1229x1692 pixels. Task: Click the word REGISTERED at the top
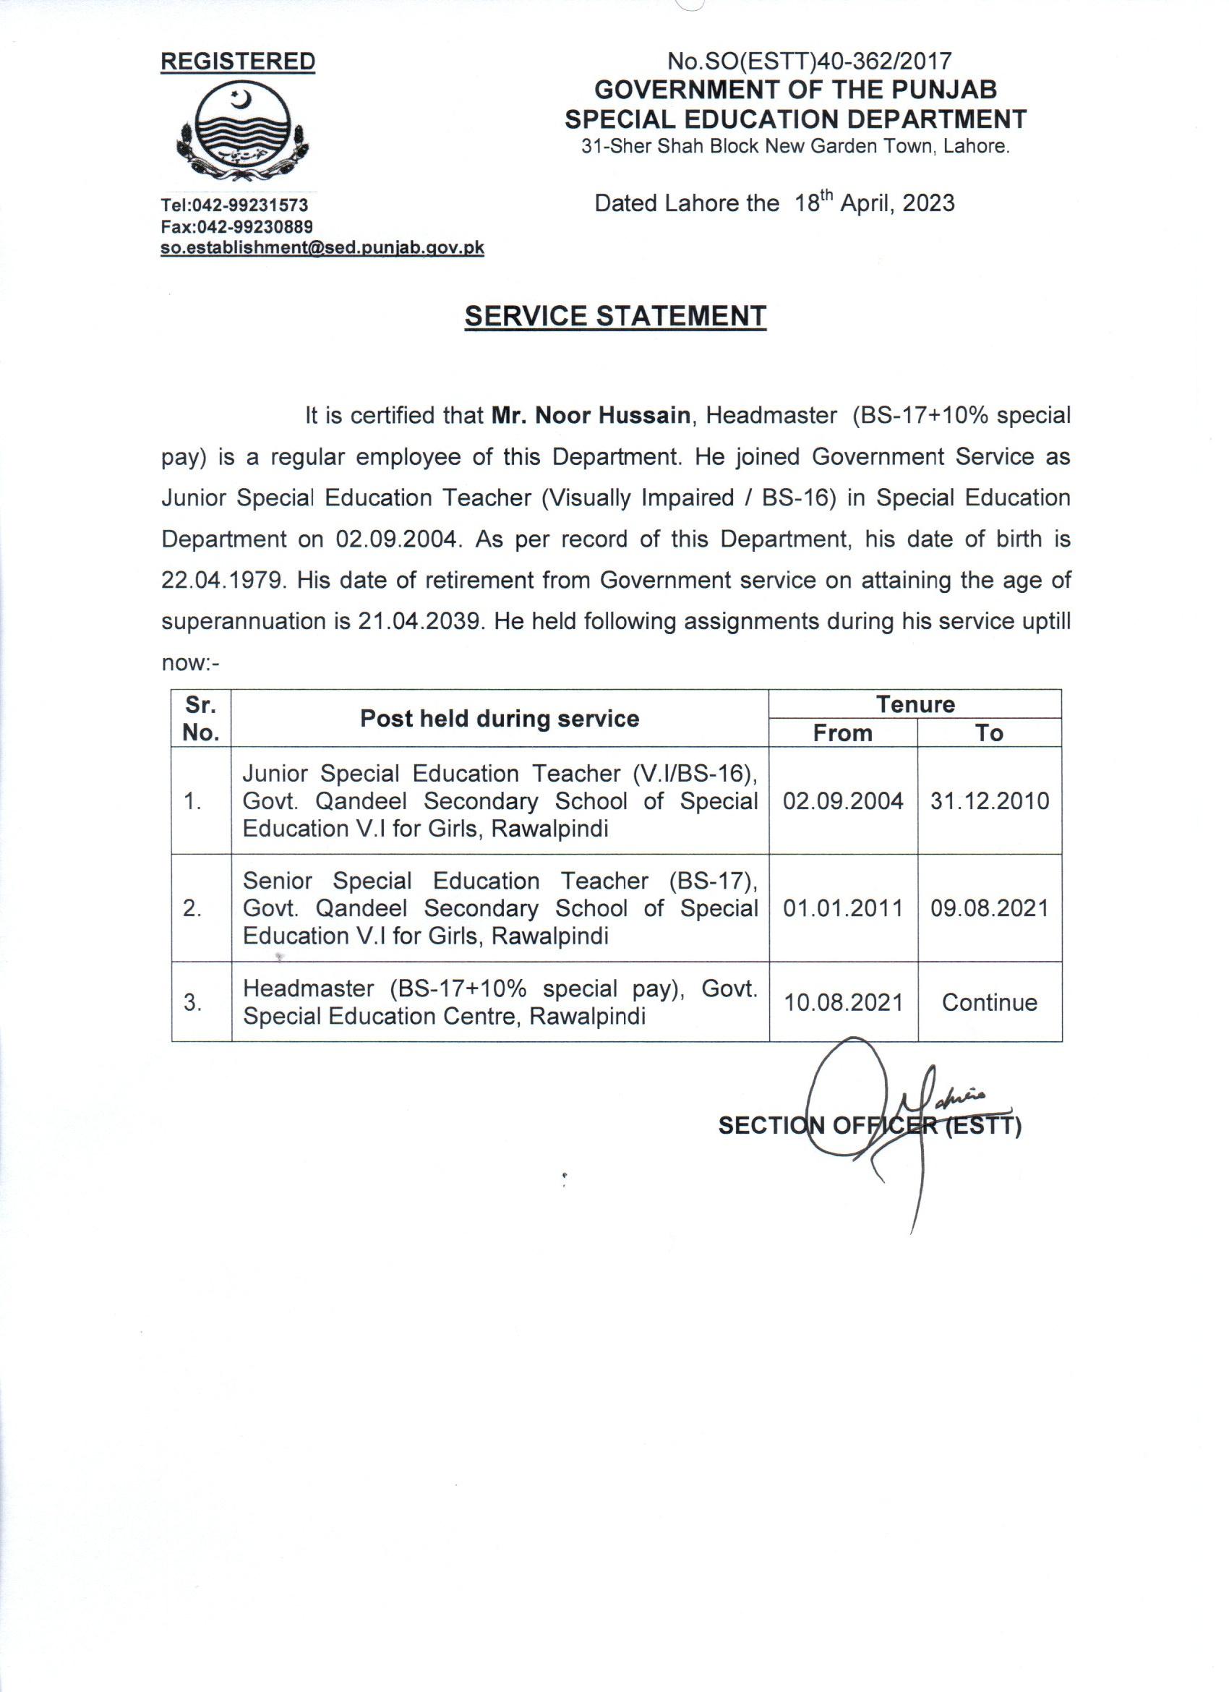point(238,62)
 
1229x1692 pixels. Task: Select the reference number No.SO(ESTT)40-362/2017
point(809,61)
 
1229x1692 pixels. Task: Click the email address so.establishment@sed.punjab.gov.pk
point(323,248)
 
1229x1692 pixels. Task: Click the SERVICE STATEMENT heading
point(615,316)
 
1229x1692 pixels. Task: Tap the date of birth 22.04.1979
point(223,580)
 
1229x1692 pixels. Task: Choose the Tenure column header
point(915,704)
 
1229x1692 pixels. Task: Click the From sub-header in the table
point(843,732)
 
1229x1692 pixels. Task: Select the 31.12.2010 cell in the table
point(990,801)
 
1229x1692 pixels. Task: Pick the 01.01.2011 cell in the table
point(844,908)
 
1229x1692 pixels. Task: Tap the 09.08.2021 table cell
point(990,908)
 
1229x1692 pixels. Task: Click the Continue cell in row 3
point(990,1002)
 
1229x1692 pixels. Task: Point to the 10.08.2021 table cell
point(844,1002)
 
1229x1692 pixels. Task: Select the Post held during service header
point(500,719)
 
